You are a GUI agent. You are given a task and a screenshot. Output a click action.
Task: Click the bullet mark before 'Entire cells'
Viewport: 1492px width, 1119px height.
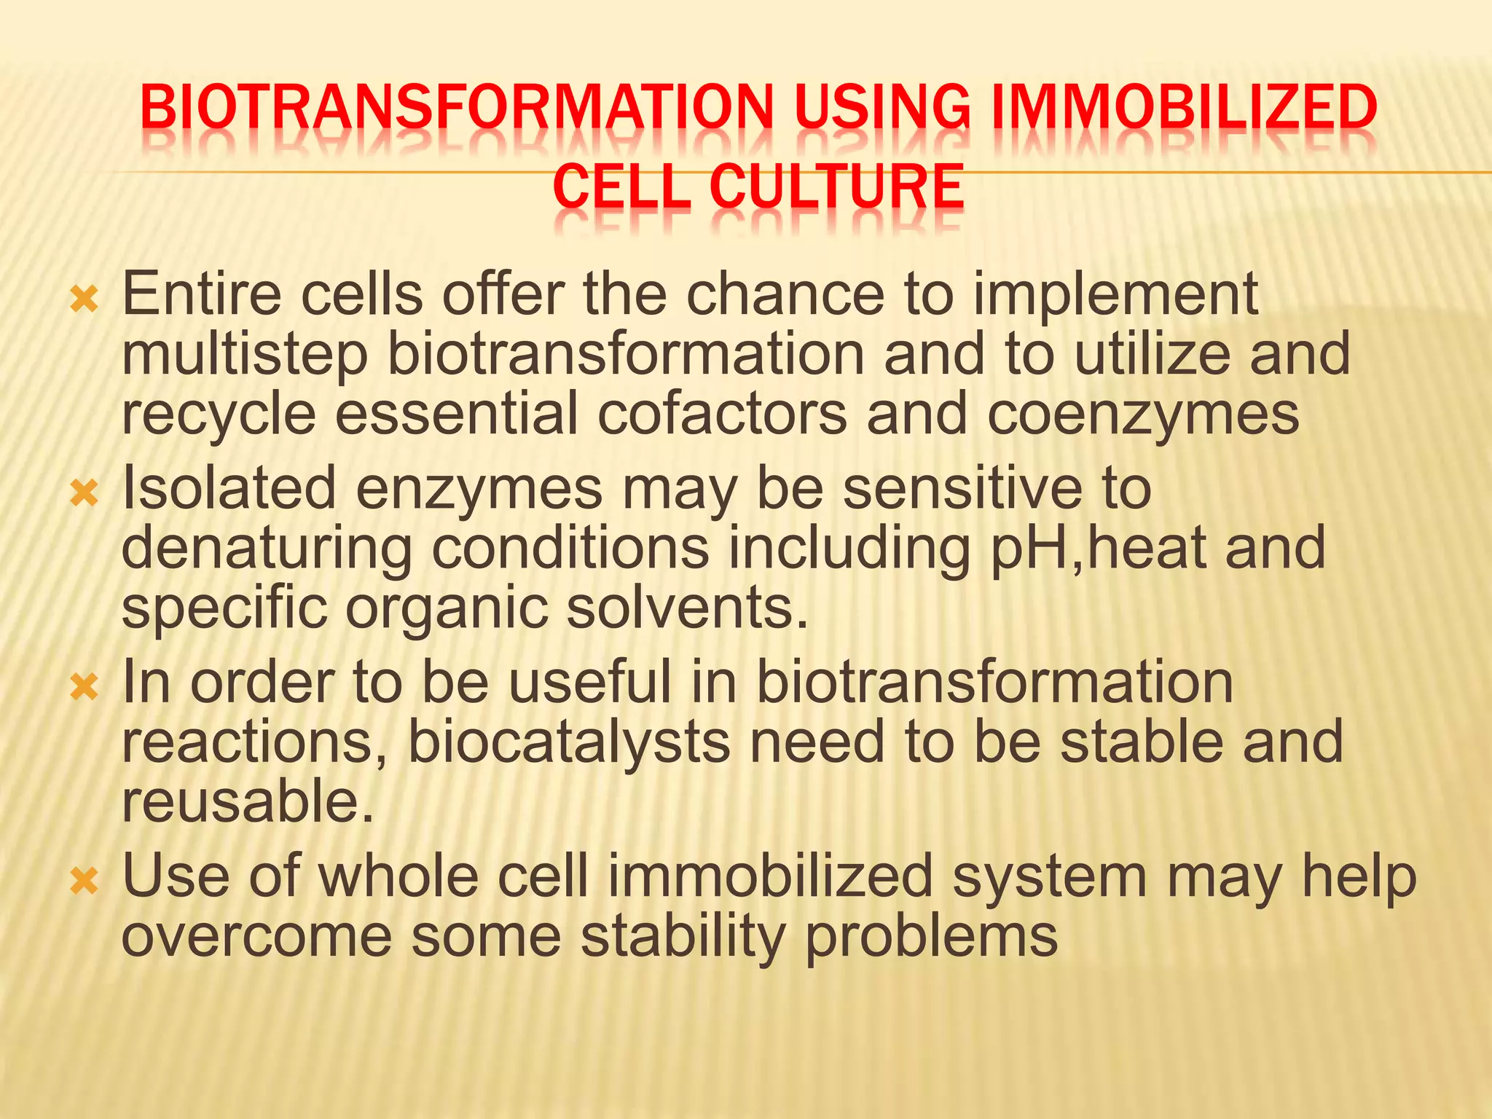click(84, 299)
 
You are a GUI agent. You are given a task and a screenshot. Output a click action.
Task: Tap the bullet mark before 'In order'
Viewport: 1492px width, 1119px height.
click(84, 687)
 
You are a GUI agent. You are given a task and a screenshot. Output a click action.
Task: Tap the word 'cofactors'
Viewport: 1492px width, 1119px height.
click(722, 414)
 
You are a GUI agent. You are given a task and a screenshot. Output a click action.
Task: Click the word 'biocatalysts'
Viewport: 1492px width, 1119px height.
click(568, 742)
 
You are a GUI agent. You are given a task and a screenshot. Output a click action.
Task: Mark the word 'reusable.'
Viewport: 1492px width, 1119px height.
click(248, 800)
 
